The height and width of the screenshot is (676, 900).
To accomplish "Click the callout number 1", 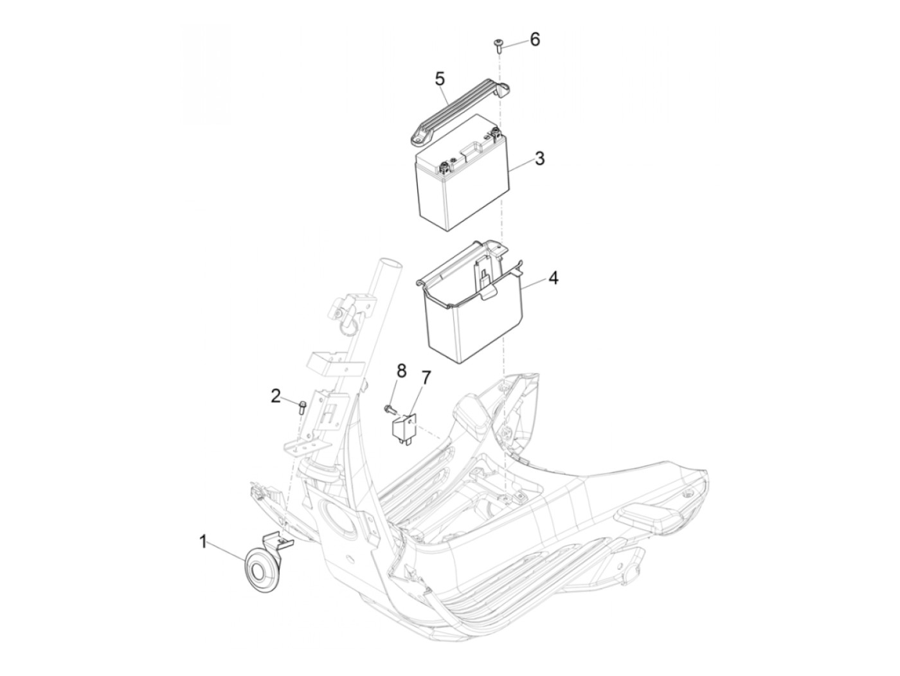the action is pos(203,542).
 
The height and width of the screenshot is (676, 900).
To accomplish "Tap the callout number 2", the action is pos(276,396).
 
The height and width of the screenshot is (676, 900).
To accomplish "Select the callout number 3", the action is pos(539,158).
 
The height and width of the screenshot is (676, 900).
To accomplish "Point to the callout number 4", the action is pos(553,279).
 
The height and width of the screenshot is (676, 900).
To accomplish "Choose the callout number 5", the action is pos(440,79).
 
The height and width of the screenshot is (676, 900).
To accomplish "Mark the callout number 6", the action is pos(535,40).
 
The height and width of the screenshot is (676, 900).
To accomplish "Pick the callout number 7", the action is pos(426,377).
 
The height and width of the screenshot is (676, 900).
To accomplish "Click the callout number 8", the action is pos(401,371).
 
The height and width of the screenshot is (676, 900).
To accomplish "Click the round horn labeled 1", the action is pos(259,571).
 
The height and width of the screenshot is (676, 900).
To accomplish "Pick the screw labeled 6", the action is pos(499,46).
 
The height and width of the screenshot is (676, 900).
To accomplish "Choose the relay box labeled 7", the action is pos(402,428).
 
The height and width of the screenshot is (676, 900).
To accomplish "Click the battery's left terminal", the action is pos(445,166).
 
